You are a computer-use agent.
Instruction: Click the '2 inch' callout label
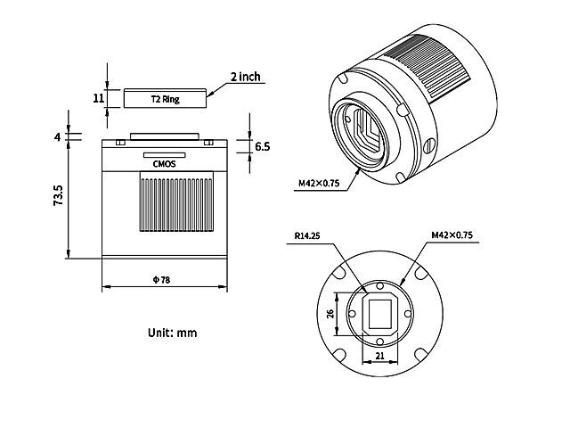(x=245, y=77)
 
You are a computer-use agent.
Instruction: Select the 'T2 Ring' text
(x=166, y=99)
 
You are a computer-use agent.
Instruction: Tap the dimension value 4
(x=57, y=137)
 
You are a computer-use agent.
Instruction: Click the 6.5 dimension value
(x=262, y=146)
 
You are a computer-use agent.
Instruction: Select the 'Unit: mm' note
(x=172, y=333)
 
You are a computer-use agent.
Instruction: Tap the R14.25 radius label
(x=307, y=236)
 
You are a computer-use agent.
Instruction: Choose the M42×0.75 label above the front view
(x=451, y=236)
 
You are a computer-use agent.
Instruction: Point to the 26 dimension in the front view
(x=330, y=313)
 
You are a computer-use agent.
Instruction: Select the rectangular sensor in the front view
(x=380, y=313)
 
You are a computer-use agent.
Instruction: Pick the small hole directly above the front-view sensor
(x=380, y=287)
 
